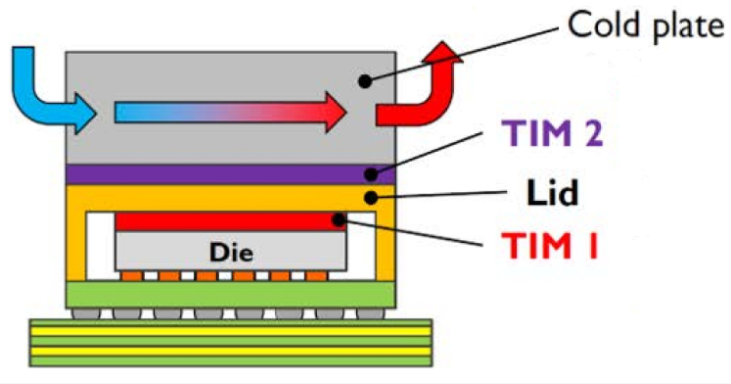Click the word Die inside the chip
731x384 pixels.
click(231, 253)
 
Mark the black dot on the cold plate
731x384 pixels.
click(364, 81)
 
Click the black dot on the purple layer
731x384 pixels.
click(372, 174)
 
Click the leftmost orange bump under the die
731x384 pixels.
click(131, 276)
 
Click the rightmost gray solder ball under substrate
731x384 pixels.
click(368, 313)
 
